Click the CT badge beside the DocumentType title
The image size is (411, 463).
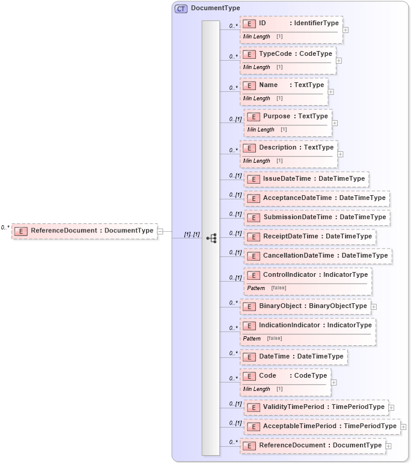181,8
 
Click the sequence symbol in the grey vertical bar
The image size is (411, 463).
211,238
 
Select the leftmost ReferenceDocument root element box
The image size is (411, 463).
84,231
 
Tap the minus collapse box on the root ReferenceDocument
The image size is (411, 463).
160,231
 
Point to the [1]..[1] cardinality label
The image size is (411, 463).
192,234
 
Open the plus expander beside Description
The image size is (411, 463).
341,154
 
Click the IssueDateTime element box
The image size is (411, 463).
306,179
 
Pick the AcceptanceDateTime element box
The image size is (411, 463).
317,198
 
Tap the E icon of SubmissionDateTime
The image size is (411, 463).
254,217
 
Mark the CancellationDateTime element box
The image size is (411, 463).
318,256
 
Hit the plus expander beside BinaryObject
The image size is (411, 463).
374,306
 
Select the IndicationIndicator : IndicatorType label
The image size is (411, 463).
315,325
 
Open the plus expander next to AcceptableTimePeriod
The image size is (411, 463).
403,426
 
